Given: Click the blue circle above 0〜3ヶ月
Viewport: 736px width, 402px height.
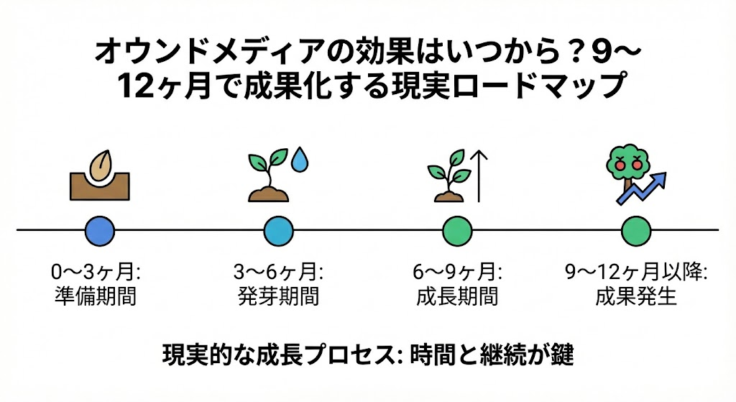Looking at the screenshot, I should pyautogui.click(x=100, y=231).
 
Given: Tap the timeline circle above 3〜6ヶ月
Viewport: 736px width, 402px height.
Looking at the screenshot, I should pyautogui.click(x=278, y=231).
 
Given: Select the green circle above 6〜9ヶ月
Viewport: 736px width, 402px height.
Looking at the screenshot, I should pyautogui.click(x=457, y=231).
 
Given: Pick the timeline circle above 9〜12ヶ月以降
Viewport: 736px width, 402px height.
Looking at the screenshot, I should pyautogui.click(x=636, y=231).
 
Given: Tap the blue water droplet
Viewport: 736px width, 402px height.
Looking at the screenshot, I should pyautogui.click(x=300, y=160).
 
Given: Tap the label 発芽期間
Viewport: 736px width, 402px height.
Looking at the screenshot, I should pyautogui.click(x=278, y=296).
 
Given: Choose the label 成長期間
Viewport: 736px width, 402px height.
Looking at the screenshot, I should pyautogui.click(x=457, y=296).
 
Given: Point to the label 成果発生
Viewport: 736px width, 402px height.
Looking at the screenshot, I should pyautogui.click(x=636, y=296).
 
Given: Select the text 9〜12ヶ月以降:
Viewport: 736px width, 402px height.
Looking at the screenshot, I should pyautogui.click(x=636, y=273).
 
